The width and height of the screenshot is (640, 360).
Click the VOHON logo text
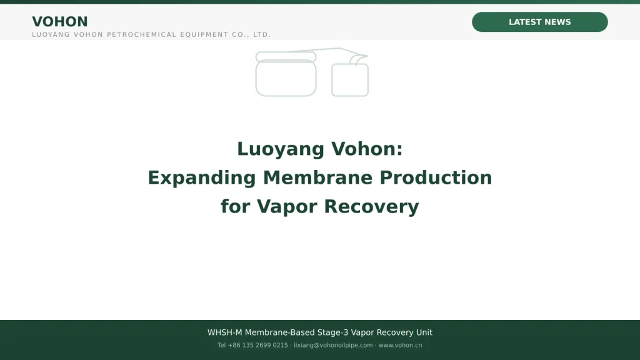pos(60,22)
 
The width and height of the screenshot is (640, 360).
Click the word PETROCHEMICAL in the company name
pos(141,35)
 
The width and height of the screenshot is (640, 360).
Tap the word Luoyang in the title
pos(281,149)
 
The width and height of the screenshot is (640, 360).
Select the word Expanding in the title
pos(202,178)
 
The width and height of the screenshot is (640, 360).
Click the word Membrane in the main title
pos(317,177)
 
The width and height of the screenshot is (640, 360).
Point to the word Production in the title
pos(436,177)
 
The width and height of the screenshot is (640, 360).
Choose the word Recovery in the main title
pos(371,207)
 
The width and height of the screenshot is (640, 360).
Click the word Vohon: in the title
pos(367,149)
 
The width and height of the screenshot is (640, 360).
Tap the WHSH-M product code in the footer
pos(224,332)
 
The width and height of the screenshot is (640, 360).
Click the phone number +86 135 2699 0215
pos(257,345)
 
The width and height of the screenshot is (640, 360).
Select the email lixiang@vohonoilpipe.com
pos(333,345)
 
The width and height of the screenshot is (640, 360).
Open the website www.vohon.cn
pos(400,345)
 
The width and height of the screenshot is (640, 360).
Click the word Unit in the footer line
pos(424,332)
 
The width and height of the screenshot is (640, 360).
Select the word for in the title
pos(236,206)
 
